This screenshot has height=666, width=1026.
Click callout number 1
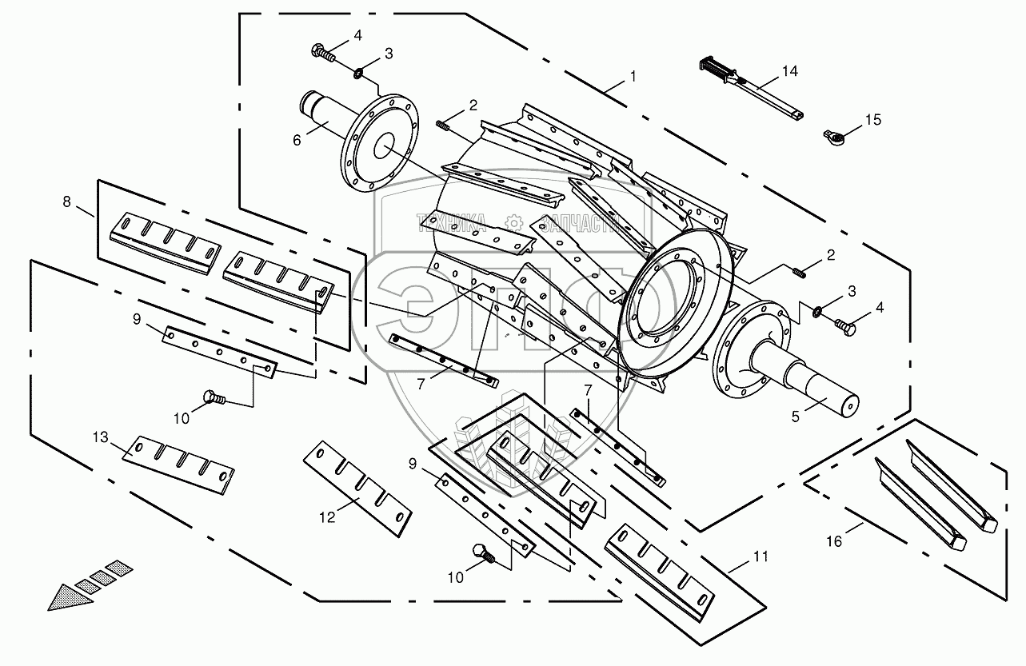pyautogui.click(x=633, y=77)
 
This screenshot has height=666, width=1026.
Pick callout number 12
pyautogui.click(x=326, y=517)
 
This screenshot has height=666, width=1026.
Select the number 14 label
pyautogui.click(x=789, y=71)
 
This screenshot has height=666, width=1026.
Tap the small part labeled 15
pyautogui.click(x=834, y=137)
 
